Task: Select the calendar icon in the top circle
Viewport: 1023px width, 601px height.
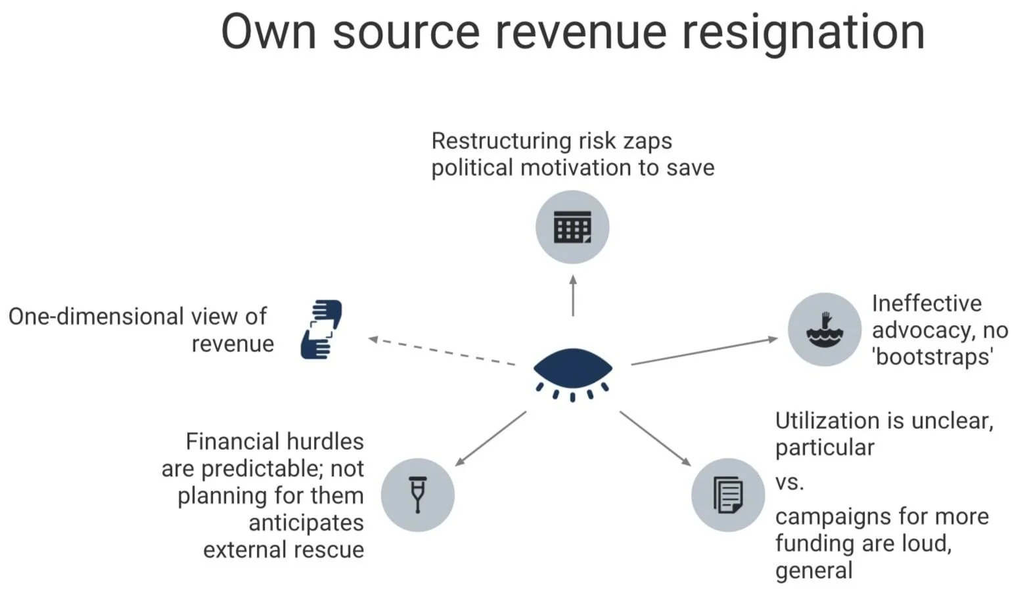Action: pyautogui.click(x=572, y=227)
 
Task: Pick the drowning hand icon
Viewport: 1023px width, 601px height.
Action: pyautogui.click(x=824, y=330)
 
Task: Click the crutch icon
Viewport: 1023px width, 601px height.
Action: pyautogui.click(x=418, y=495)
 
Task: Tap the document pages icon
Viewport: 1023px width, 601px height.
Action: pyautogui.click(x=728, y=495)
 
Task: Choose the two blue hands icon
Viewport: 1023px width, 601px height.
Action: pyautogui.click(x=321, y=330)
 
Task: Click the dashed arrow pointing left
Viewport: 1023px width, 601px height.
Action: pyautogui.click(x=442, y=351)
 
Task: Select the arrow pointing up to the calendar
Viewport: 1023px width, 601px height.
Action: pyautogui.click(x=573, y=296)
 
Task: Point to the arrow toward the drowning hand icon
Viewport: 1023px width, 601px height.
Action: pyautogui.click(x=704, y=351)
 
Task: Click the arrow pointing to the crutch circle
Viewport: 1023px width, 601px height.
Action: pyautogui.click(x=490, y=439)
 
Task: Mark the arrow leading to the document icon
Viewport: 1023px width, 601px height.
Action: pyautogui.click(x=655, y=439)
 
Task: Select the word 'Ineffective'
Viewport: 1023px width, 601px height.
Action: pyautogui.click(x=926, y=303)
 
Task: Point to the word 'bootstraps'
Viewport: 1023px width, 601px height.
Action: pyautogui.click(x=933, y=357)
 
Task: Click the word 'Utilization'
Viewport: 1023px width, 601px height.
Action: pyautogui.click(x=834, y=420)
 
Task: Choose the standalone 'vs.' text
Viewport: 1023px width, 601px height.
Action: pyautogui.click(x=789, y=483)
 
